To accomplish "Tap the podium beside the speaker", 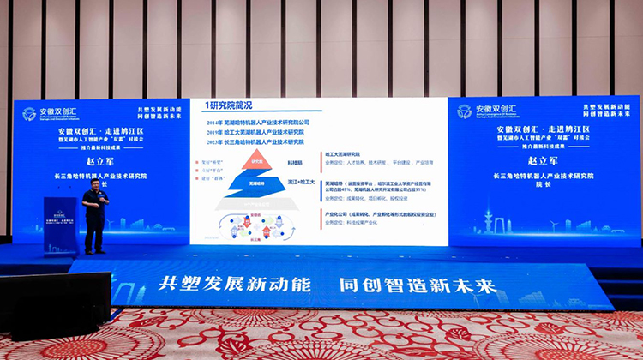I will coord(61,225).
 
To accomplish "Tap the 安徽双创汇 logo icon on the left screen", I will coord(29,113).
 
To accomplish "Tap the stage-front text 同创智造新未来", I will coord(412,285).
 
